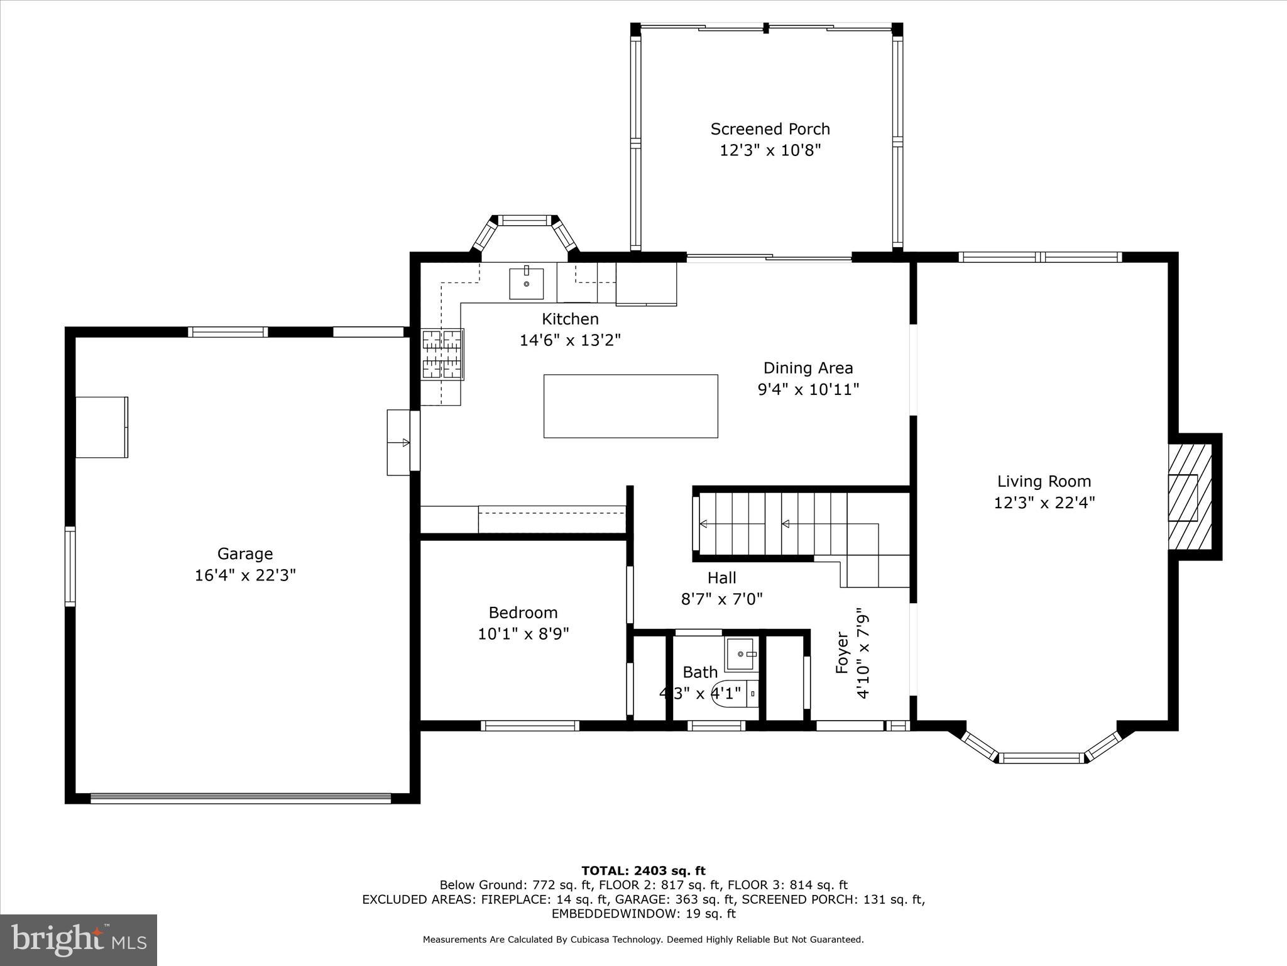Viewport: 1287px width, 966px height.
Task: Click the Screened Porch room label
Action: [770, 129]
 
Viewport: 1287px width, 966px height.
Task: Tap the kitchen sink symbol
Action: [526, 283]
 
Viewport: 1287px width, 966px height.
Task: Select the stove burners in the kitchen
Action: [442, 355]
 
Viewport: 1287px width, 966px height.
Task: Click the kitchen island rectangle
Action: [630, 406]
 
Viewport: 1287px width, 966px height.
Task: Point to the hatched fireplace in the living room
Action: [1190, 496]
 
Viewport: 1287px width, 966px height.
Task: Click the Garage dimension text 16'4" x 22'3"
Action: [245, 575]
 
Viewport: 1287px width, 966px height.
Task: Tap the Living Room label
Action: [1044, 481]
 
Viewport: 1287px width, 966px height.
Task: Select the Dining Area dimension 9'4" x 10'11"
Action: [808, 389]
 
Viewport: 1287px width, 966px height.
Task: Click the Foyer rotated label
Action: [842, 653]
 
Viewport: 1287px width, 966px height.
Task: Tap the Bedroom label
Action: [523, 612]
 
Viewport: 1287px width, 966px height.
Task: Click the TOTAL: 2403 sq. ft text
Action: [643, 870]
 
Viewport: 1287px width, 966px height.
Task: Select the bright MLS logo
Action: [79, 940]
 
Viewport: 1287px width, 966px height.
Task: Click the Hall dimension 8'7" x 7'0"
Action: [721, 598]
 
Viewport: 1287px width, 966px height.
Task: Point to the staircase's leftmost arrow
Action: [703, 523]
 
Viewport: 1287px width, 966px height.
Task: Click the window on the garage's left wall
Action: [70, 566]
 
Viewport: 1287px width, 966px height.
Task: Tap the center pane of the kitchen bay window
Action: [523, 220]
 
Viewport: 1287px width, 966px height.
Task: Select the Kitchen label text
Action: [570, 319]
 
